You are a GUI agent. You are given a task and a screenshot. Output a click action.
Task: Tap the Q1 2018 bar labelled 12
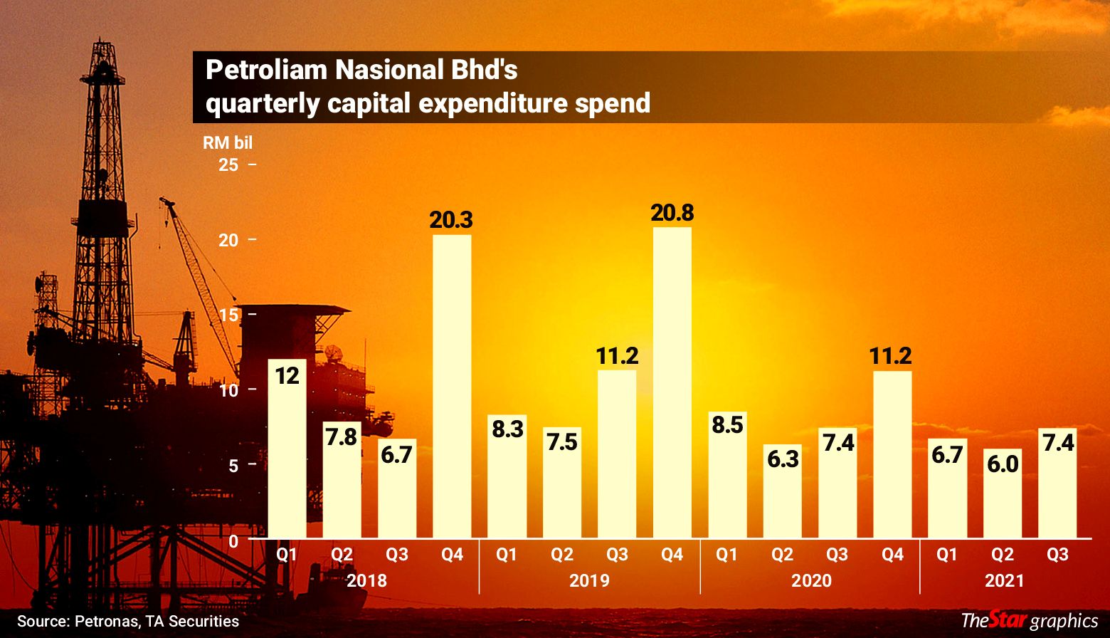[x=287, y=449]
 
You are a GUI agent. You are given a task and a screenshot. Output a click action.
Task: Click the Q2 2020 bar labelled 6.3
[x=783, y=491]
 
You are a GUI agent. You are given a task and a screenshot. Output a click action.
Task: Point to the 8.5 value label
[x=726, y=425]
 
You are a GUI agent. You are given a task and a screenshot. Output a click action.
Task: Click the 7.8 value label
[x=342, y=436]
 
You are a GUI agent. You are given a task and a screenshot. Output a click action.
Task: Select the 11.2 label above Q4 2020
[x=891, y=356]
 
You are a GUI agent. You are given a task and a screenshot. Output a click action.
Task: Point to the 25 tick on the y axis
[x=228, y=165]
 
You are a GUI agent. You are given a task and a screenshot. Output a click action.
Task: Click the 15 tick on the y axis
[x=228, y=315]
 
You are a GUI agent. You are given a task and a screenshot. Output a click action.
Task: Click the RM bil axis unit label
[x=228, y=142]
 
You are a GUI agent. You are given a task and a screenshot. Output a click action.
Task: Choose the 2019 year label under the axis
[x=589, y=580]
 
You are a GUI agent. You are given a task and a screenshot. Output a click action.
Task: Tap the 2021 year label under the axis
[x=1004, y=580]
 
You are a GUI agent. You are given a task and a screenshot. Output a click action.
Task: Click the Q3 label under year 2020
[x=837, y=554]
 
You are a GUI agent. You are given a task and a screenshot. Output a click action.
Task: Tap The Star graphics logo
[x=1030, y=620]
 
